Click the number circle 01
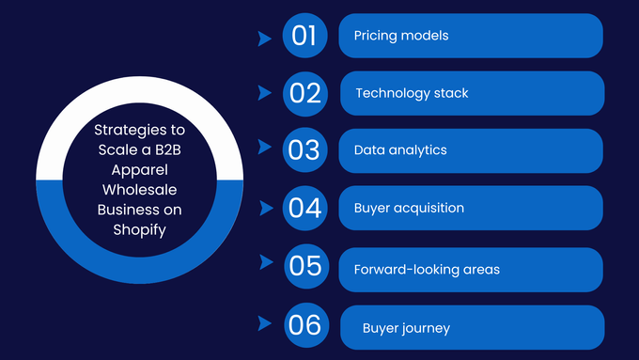[304, 36]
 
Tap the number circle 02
[305, 93]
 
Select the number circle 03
[304, 150]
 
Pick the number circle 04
[305, 208]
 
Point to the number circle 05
[306, 266]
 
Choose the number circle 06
[306, 325]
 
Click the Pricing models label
[401, 36]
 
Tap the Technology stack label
[412, 93]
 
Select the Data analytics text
[400, 150]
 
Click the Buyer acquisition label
[409, 208]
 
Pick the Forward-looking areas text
[427, 270]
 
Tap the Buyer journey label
[406, 328]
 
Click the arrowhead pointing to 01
[264, 39]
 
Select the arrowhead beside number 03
[263, 148]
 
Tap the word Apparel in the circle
[139, 175]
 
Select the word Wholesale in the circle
[139, 192]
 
